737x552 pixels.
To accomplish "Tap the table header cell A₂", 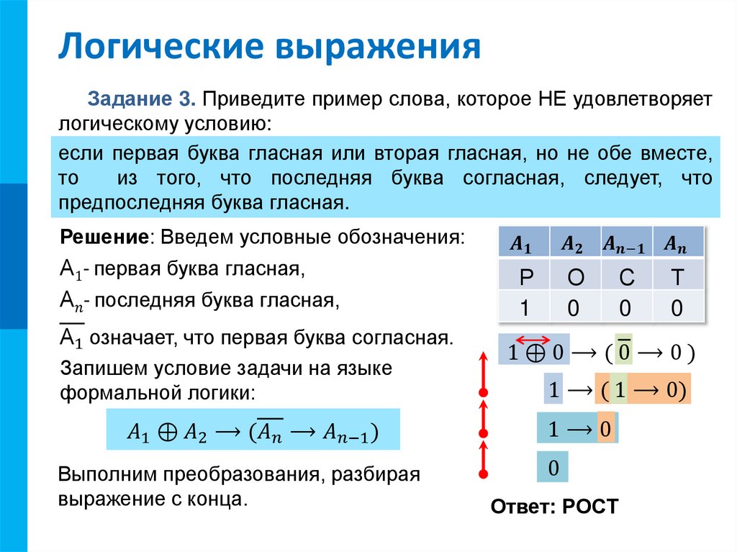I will tap(574, 243).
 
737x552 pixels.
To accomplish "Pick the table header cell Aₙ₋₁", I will tap(625, 243).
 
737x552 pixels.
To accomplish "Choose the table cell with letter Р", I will tap(523, 277).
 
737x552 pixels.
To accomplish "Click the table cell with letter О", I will tap(574, 277).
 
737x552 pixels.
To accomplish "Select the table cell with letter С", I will tap(625, 277).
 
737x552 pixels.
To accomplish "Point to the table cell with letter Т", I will tap(677, 277).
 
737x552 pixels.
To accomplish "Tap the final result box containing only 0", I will tap(553, 468).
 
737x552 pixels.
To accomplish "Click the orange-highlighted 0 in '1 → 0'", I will tap(606, 430).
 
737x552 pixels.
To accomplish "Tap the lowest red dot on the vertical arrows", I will tap(484, 473).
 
